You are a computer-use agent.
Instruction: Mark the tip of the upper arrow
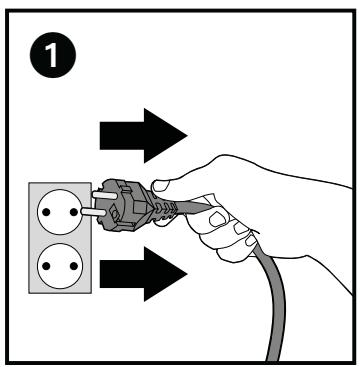[185, 136]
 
